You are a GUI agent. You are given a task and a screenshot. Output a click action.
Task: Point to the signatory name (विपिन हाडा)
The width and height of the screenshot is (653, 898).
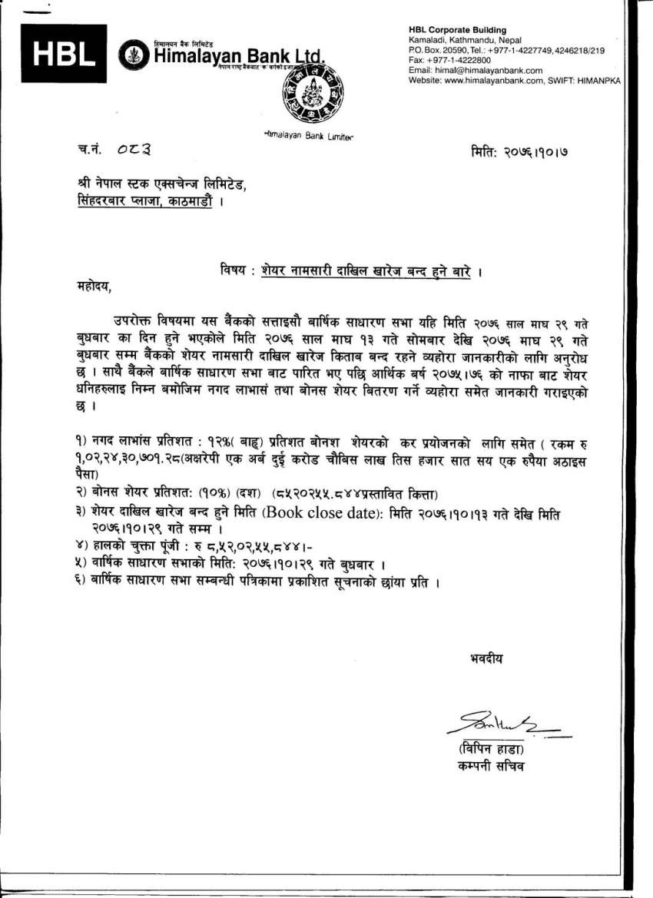492,748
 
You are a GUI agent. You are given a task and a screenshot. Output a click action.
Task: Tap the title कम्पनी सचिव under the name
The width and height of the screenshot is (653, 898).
491,766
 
